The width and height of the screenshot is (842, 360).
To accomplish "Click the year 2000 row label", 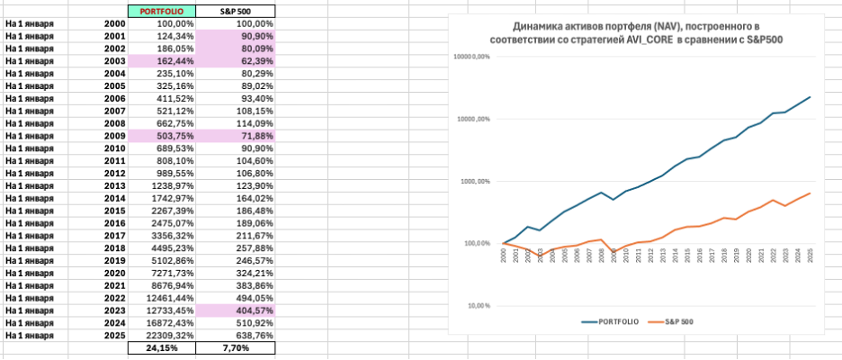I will click(115, 22).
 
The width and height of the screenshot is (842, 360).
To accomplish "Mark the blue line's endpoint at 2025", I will click(810, 97).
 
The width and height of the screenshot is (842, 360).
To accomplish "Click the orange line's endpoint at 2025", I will click(810, 193).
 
